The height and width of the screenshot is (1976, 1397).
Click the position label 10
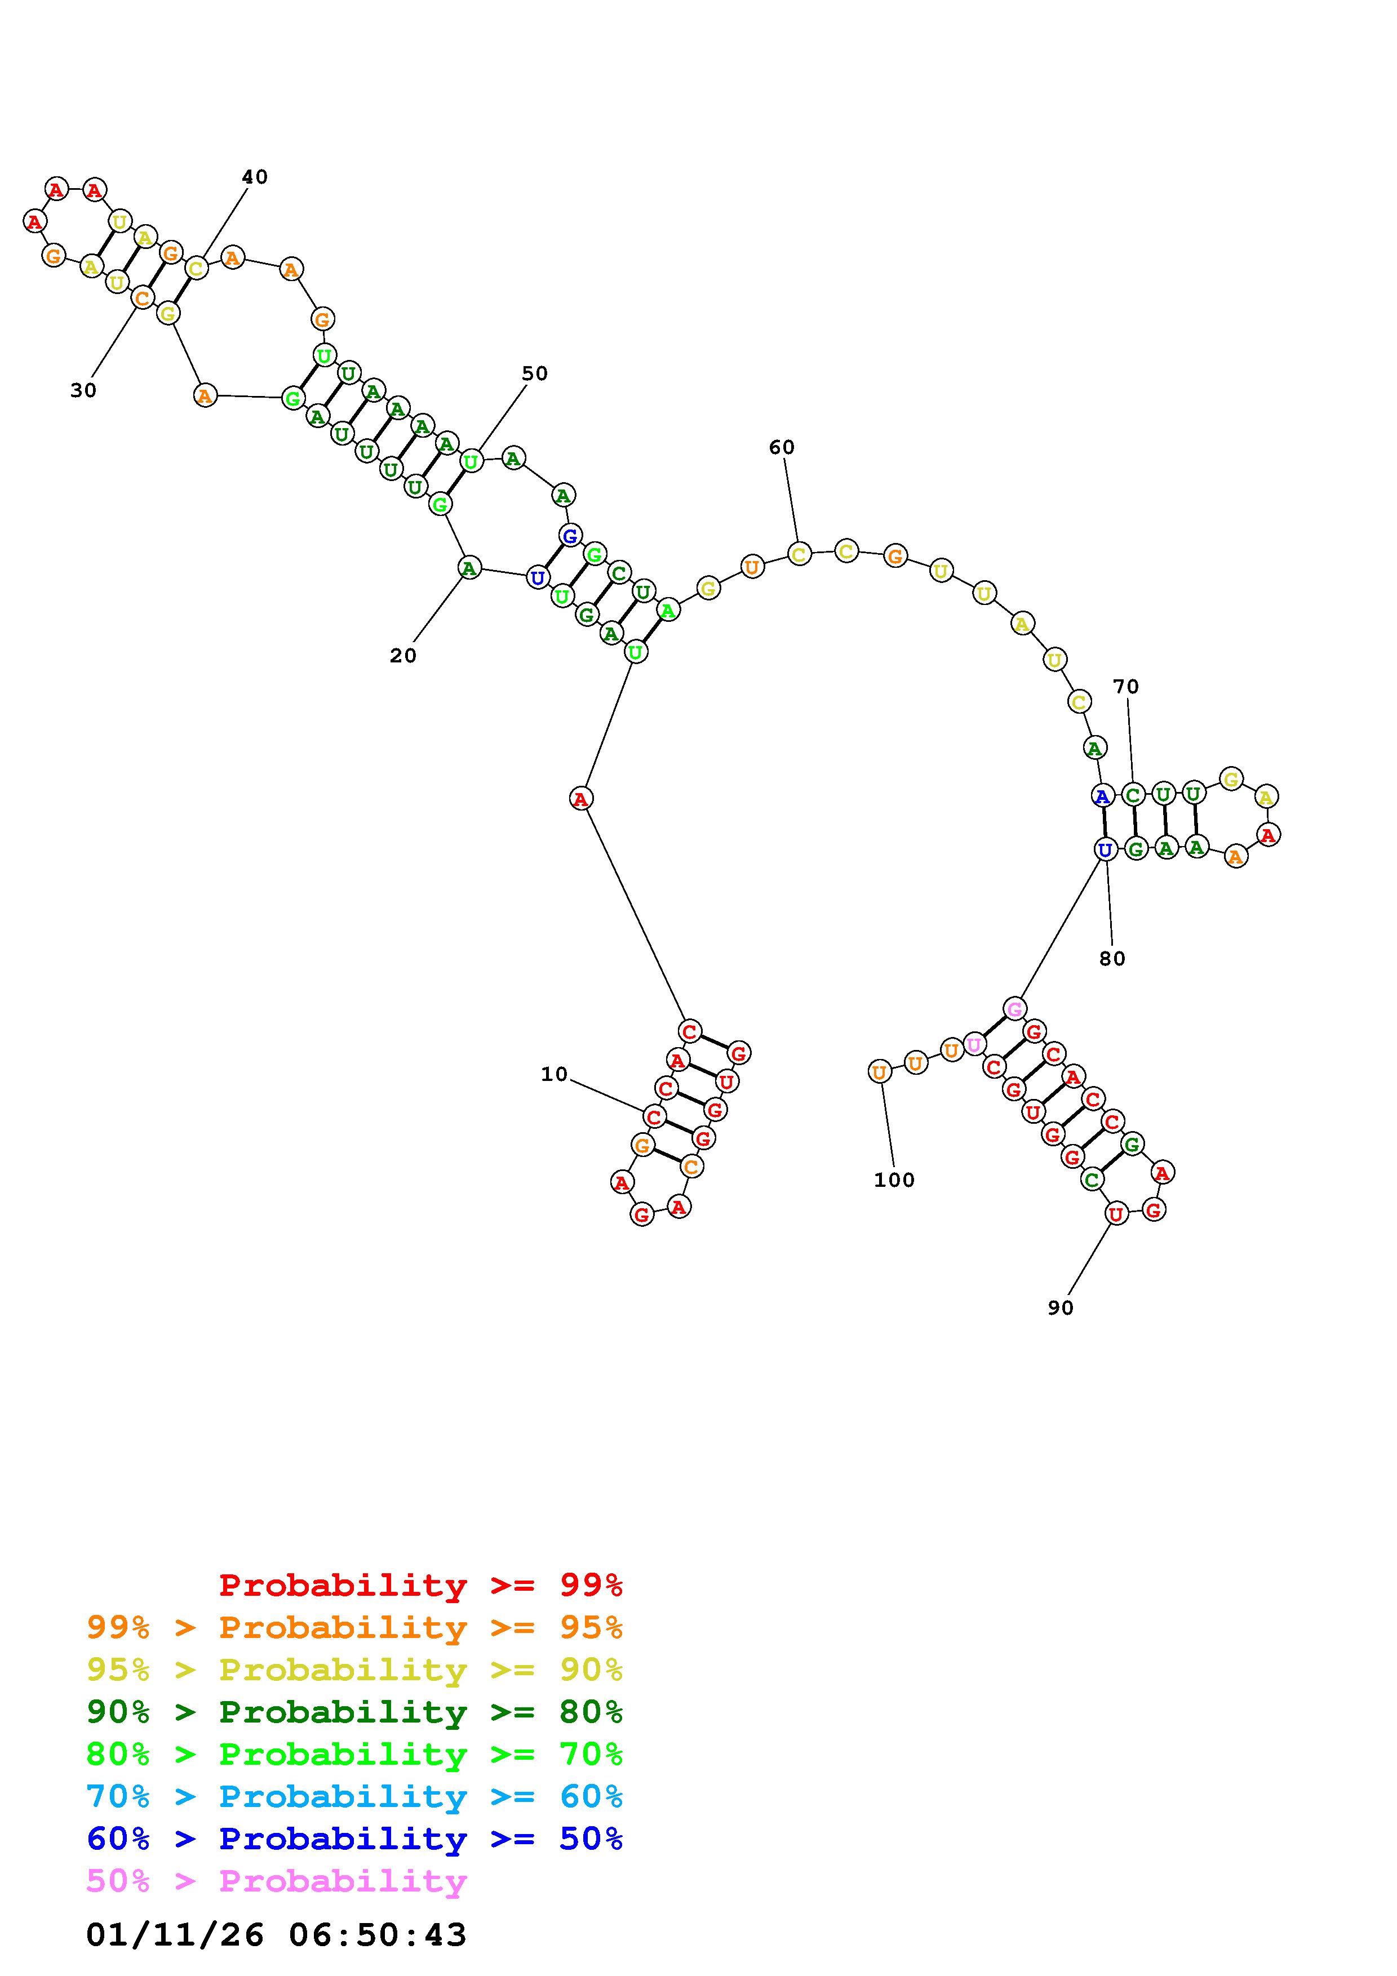tap(555, 1074)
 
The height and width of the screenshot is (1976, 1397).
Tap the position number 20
tap(403, 656)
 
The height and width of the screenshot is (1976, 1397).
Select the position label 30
tap(83, 391)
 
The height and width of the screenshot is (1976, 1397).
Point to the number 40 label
tap(255, 177)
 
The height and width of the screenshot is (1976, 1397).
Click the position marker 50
tap(535, 373)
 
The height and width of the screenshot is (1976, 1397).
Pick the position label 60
tap(782, 447)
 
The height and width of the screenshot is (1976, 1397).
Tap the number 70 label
tap(1126, 687)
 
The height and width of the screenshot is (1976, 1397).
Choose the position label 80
tap(1112, 959)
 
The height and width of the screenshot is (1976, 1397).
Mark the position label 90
tap(1061, 1307)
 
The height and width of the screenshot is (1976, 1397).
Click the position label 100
tap(894, 1180)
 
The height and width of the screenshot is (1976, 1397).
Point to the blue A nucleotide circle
tap(1103, 796)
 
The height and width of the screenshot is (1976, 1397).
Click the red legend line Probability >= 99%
tap(421, 1585)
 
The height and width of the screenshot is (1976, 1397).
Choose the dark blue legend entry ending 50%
tap(354, 1839)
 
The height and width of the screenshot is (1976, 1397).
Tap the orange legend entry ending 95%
tap(354, 1627)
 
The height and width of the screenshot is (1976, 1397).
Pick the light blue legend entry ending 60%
tap(354, 1797)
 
